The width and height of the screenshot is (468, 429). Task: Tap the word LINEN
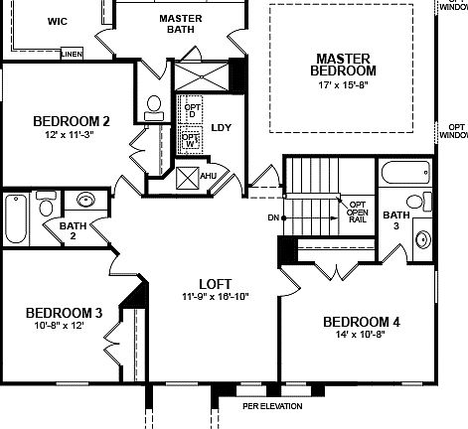[x=72, y=54]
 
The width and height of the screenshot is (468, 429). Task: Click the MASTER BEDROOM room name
[x=343, y=65]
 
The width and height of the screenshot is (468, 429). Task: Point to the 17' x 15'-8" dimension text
[x=343, y=87]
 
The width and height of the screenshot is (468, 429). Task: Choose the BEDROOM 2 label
[x=71, y=122]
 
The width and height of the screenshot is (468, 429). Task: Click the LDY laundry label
[x=222, y=128]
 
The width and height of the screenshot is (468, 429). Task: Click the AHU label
[x=209, y=177]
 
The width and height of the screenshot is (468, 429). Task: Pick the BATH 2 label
[x=73, y=230]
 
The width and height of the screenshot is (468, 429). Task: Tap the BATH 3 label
[x=395, y=220]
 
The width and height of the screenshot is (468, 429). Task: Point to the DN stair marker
[x=273, y=216]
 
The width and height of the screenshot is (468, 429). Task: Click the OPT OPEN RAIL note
[x=357, y=211]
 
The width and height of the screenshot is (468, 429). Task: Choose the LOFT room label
[x=215, y=282]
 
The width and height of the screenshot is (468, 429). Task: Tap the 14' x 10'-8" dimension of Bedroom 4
[x=362, y=336]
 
